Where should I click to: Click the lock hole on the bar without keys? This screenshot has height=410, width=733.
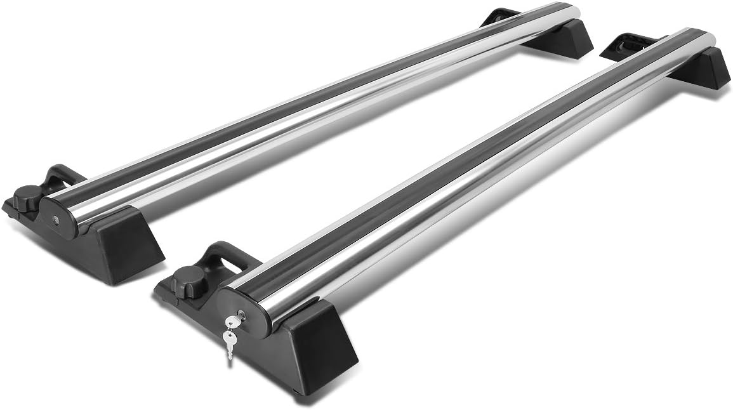56,220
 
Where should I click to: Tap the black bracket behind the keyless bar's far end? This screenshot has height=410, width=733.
499,17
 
